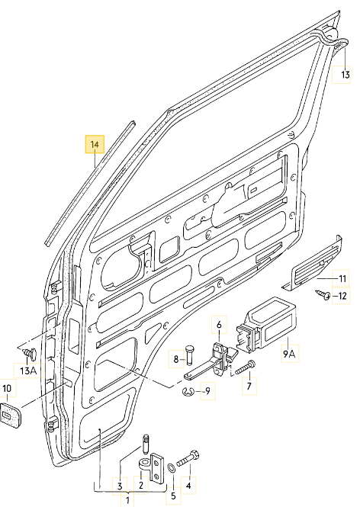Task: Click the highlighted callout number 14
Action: [x=95, y=143]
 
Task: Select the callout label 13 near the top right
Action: [x=344, y=75]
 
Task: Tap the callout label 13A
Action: [x=28, y=371]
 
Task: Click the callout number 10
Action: [x=7, y=389]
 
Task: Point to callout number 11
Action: [x=342, y=278]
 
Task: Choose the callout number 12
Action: [x=342, y=296]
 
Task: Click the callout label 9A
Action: [x=289, y=354]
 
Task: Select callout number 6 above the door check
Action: [x=218, y=325]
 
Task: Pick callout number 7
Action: [x=247, y=387]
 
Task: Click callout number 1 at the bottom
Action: [x=127, y=500]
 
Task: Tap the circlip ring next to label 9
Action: [x=187, y=393]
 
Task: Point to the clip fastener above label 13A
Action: [x=29, y=353]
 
